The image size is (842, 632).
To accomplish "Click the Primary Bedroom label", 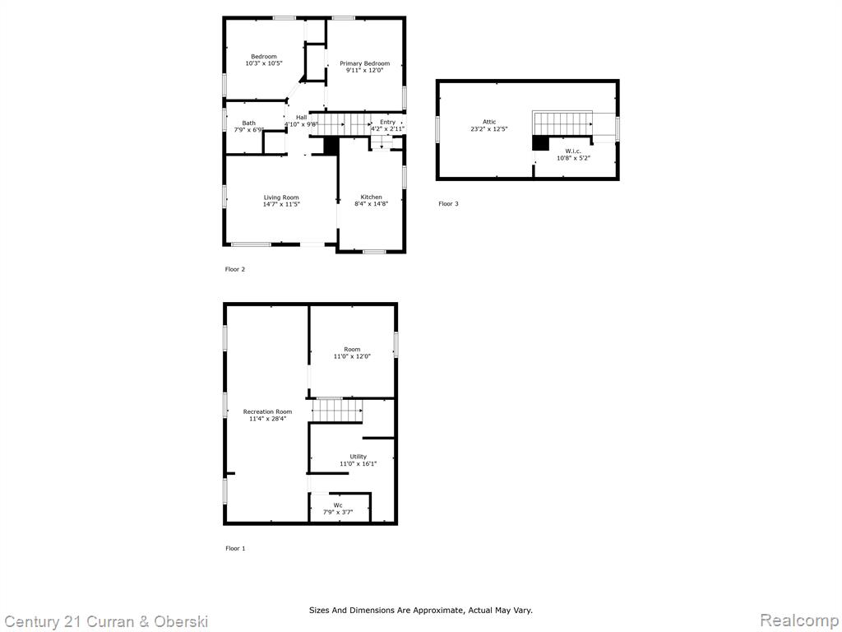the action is (364, 63).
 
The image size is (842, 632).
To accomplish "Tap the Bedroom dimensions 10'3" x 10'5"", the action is (264, 63).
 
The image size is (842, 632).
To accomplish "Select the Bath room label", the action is (248, 123).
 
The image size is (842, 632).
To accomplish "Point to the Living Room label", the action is (281, 197).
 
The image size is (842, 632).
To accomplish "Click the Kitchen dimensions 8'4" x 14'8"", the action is (371, 204).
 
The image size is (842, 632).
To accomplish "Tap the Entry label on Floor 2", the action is (388, 123).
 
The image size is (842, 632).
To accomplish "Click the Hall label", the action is (301, 118).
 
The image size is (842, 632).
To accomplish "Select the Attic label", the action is (489, 122).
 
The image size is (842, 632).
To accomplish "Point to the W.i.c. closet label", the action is (573, 151).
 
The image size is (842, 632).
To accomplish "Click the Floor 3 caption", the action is (448, 204).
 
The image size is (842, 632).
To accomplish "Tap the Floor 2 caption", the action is (234, 269).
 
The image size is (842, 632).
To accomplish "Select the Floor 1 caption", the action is (235, 549).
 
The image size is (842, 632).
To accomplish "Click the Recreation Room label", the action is (267, 411).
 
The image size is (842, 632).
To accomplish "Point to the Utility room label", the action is (359, 457).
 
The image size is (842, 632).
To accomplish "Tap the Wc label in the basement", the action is (338, 505).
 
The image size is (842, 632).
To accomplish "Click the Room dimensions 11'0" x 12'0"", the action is (352, 356).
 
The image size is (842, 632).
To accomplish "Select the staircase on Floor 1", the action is (338, 411).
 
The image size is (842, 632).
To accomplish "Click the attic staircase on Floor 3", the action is (562, 123).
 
